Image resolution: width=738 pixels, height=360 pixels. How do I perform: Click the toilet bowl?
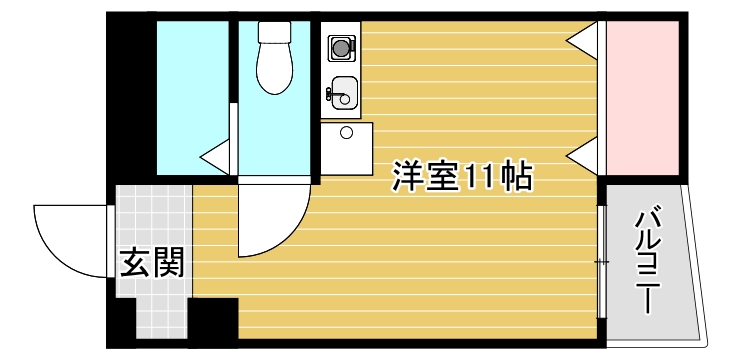pos(273,70)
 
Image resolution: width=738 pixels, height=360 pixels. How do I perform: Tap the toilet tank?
pos(273,33)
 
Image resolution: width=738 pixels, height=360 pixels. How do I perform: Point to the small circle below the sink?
pos(347,132)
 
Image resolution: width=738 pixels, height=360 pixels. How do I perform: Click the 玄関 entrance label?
pos(152,263)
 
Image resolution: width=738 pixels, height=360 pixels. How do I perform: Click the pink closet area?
pos(644,95)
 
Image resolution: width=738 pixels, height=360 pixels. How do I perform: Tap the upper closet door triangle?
pos(585,37)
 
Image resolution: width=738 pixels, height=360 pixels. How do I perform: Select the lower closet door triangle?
pos(585,154)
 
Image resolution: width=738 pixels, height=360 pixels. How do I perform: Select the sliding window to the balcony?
pos(601,262)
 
